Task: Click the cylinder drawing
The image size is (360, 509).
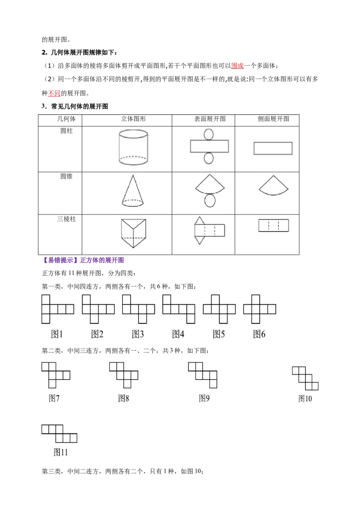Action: coord(133,147)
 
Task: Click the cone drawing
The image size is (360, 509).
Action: coord(133,192)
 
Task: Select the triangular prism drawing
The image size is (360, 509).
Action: coord(133,233)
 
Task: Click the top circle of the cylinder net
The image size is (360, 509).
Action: coord(209,134)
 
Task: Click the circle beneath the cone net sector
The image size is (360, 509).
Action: coord(210,201)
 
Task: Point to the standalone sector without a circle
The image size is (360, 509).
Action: coord(273,184)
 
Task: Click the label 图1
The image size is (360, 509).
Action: coord(57,334)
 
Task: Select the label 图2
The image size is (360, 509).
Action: coord(97,334)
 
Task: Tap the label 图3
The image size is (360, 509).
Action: coord(138,334)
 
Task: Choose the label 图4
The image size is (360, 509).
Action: coord(178,334)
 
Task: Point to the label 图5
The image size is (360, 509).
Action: coord(219,334)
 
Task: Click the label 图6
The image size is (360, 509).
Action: coord(259,334)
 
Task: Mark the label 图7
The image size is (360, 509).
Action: coord(54,398)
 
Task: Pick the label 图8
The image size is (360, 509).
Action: coord(124,398)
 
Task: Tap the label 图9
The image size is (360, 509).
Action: coord(204,398)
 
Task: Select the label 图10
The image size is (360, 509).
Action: coord(305,398)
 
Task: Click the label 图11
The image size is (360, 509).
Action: coord(61,452)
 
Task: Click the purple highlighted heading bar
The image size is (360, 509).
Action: coord(84,260)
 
